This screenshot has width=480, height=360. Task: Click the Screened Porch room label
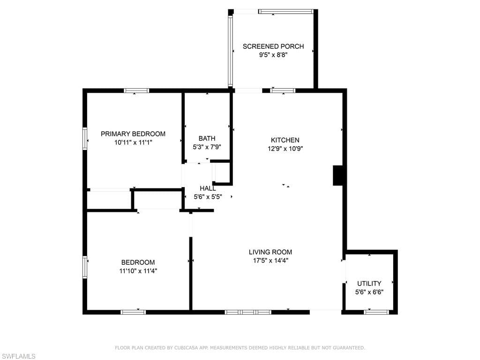[x=273, y=46]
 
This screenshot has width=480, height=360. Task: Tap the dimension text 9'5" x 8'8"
[x=273, y=55]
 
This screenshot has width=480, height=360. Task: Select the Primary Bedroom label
[x=133, y=134]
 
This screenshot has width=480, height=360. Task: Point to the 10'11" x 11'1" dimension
[x=133, y=142]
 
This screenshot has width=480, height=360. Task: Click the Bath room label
[x=207, y=138]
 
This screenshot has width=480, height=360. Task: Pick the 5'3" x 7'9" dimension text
[x=207, y=147]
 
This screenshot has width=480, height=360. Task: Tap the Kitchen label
[x=285, y=140]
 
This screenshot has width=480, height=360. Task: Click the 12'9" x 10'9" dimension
[x=285, y=149]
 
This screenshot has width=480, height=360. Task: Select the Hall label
[x=208, y=188]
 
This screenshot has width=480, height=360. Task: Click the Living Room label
[x=270, y=252]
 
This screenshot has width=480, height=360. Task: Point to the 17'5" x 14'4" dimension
[x=270, y=261]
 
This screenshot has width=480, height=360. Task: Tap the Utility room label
[x=369, y=284]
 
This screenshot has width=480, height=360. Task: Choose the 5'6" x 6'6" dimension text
[x=369, y=292]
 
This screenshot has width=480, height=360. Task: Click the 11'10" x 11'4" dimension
[x=138, y=271]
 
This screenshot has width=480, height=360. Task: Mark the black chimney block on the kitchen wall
[x=339, y=175]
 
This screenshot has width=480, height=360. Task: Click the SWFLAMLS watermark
[x=18, y=357]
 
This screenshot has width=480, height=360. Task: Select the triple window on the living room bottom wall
[x=248, y=312]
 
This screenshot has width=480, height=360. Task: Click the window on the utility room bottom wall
[x=376, y=312]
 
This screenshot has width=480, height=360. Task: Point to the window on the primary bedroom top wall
[x=136, y=90]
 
